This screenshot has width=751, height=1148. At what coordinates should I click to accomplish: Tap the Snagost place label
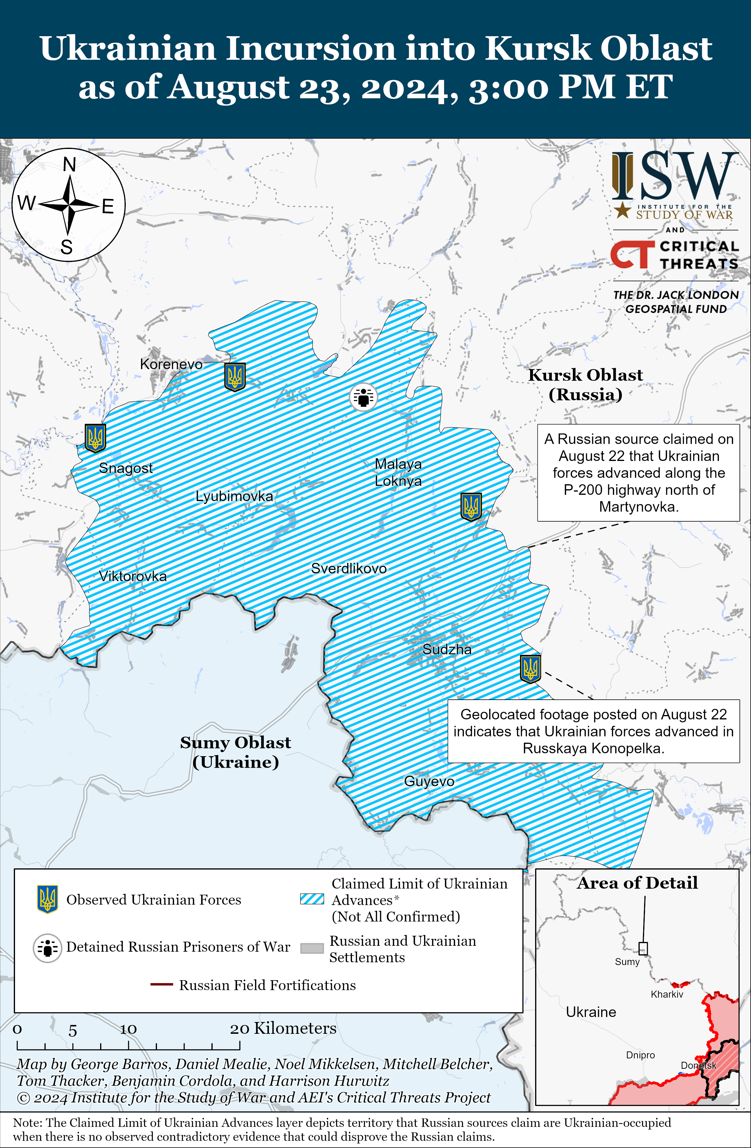(125, 468)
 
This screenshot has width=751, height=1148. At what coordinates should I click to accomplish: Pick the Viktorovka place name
(133, 576)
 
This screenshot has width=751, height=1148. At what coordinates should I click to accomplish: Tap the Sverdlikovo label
(348, 568)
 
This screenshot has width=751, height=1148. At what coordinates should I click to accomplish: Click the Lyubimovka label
(234, 496)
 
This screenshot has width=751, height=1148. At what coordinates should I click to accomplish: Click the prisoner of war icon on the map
(363, 397)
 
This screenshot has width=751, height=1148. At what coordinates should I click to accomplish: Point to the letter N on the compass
(70, 165)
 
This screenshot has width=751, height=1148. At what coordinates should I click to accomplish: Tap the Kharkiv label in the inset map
(666, 994)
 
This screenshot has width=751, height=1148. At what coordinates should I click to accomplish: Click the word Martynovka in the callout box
(638, 507)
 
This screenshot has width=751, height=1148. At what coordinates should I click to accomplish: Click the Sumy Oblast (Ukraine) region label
(236, 752)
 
